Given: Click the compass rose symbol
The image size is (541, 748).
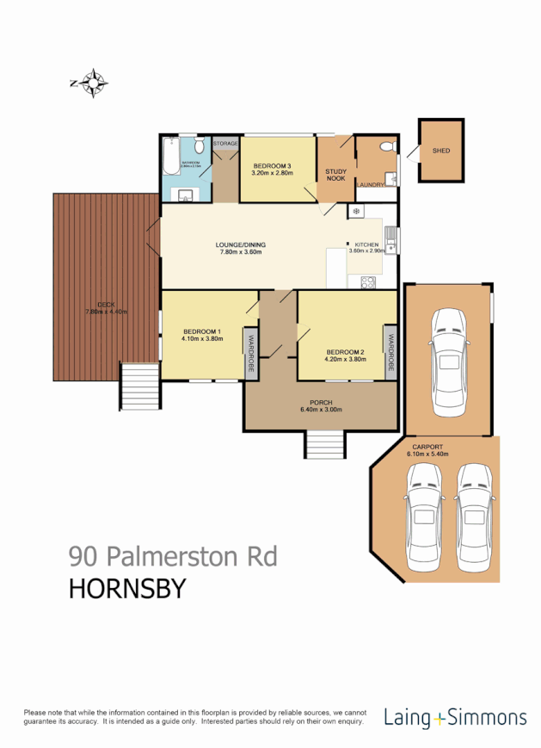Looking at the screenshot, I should click(89, 83).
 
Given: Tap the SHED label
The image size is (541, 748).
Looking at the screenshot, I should click(441, 151).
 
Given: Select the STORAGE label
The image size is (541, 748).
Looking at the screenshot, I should click(226, 143).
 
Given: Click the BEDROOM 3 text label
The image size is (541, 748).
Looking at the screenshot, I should click(272, 165).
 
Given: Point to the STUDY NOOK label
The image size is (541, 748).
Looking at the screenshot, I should click(335, 174).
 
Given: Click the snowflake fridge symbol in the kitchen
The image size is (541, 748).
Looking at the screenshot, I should click(353, 211).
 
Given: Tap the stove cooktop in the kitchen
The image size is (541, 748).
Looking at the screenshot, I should click(368, 280).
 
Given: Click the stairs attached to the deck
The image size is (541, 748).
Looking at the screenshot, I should click(138, 386).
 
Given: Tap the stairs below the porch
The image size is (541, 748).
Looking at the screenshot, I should click(324, 445).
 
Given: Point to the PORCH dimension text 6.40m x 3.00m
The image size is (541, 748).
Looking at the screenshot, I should click(320, 410).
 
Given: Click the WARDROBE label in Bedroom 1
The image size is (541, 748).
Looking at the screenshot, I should click(251, 353).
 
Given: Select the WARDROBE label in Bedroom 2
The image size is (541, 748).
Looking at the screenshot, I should click(390, 352).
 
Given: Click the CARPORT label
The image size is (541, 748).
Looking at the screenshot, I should click(427, 447).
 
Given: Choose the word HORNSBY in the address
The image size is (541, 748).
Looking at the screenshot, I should click(126, 590).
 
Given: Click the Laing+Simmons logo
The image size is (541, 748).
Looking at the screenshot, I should click(456, 716).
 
